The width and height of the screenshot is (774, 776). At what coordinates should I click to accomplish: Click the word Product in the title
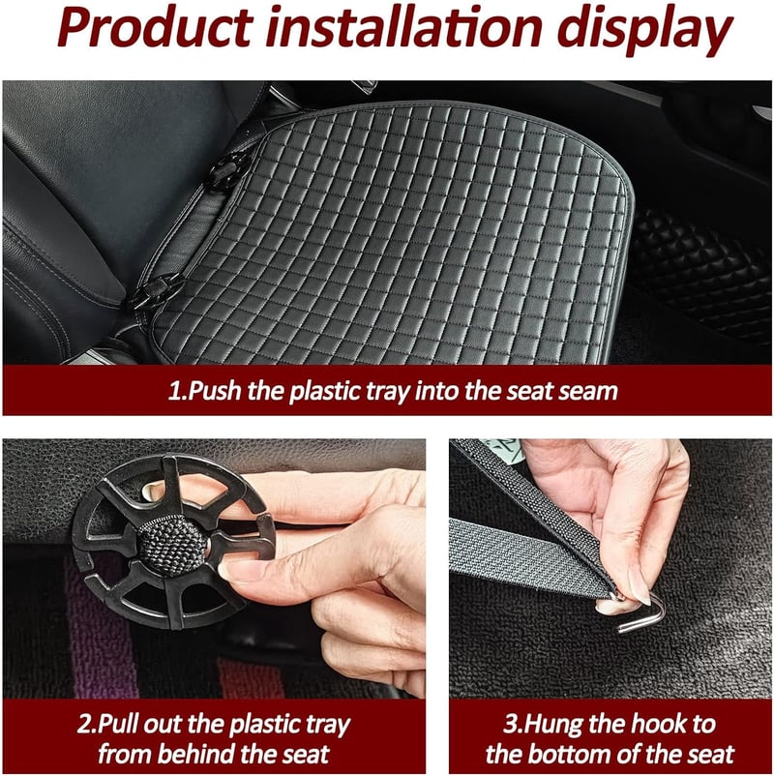tap(155, 28)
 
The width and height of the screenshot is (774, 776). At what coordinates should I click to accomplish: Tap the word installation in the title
tap(403, 27)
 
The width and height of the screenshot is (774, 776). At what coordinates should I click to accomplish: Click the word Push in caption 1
tap(216, 391)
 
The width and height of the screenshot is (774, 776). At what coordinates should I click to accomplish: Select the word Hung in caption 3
tap(552, 725)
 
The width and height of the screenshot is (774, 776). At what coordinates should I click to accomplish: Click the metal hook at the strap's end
tap(640, 612)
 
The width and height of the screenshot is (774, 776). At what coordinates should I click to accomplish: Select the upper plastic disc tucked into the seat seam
tap(228, 171)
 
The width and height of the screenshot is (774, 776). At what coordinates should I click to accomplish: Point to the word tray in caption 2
tap(328, 726)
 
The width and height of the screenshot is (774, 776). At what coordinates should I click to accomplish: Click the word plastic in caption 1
tap(325, 391)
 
